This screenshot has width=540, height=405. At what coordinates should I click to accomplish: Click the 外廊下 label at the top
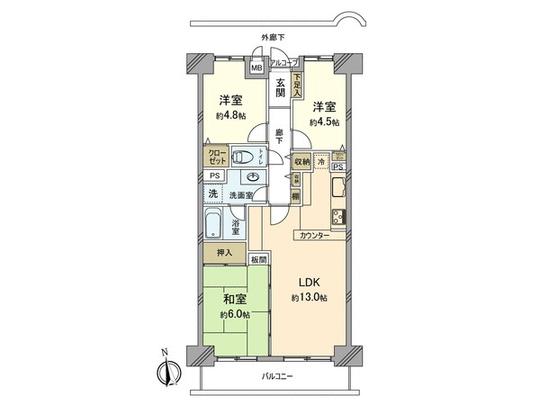pyautogui.click(x=273, y=37)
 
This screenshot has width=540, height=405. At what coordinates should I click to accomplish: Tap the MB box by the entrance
pyautogui.click(x=256, y=68)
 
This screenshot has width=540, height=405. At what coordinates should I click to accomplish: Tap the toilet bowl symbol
pyautogui.click(x=243, y=155)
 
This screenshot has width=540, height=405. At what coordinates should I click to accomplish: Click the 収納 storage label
pyautogui.click(x=302, y=159)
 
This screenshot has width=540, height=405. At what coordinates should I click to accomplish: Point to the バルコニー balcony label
pyautogui.click(x=276, y=377)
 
